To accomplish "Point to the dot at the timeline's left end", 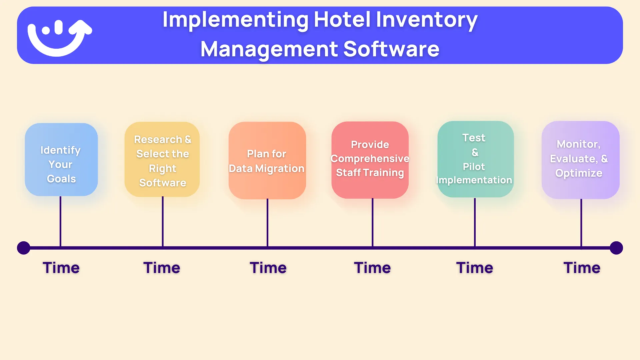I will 24,248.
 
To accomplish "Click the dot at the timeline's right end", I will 616,248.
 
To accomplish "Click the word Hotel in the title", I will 342,20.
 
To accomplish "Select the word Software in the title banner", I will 391,49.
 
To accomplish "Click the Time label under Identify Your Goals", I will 61,268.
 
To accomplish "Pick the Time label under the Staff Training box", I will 372,268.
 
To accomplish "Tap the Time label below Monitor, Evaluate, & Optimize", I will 582,268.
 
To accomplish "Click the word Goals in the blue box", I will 61,179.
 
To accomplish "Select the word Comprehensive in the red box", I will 370,159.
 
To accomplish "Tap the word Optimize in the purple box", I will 579,173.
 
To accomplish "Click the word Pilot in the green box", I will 474,167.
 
